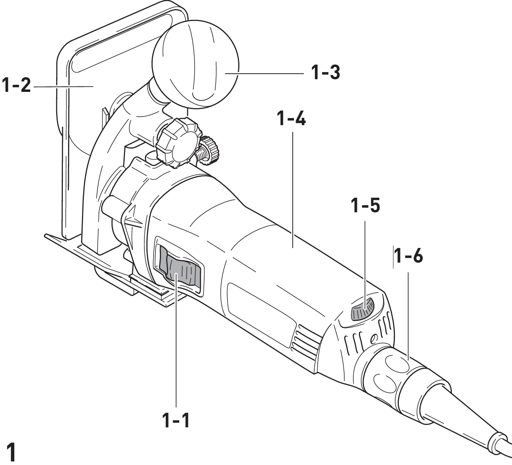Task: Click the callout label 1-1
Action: [x=175, y=420]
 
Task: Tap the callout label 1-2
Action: [x=16, y=85]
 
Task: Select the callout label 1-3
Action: [x=325, y=73]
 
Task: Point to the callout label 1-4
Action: [x=292, y=119]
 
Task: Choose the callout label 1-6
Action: [x=408, y=257]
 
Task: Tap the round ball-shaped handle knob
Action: [x=196, y=61]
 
